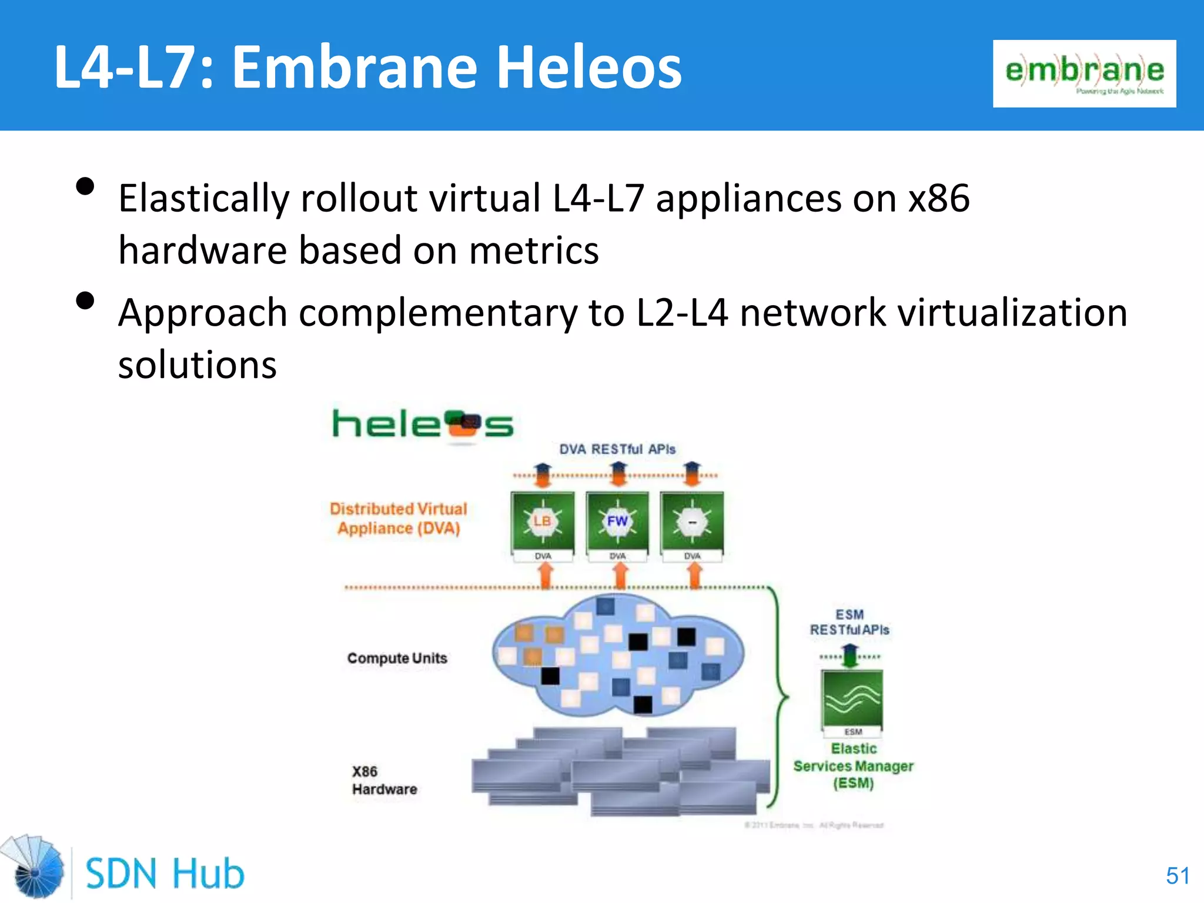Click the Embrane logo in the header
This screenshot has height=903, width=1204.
tap(1084, 73)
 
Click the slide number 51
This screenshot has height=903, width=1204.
tap(1178, 876)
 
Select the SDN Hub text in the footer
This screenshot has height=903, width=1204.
tap(165, 874)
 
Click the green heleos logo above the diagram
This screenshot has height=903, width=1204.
tap(422, 424)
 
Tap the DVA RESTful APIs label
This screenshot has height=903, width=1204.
tap(617, 449)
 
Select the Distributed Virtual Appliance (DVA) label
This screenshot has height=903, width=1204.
tap(399, 519)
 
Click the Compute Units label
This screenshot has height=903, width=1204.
tap(397, 658)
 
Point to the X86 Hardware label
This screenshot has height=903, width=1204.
tap(384, 780)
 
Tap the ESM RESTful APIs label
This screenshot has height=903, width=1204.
tap(850, 622)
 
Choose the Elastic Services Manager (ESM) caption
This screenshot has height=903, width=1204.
tap(854, 765)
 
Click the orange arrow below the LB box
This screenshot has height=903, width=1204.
tap(545, 575)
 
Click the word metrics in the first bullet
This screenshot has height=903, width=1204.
tap(534, 251)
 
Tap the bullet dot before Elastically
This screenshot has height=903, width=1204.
tap(86, 187)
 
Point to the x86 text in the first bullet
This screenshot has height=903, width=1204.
tap(939, 198)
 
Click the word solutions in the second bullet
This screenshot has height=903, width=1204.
tap(198, 365)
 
